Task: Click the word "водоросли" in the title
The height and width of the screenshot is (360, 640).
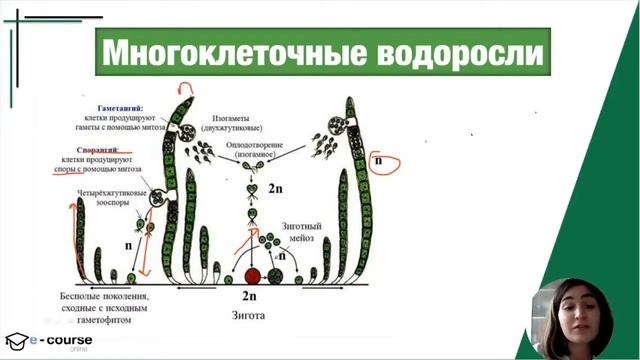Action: pyautogui.click(x=461, y=52)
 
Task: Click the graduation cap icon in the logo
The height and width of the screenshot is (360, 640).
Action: pyautogui.click(x=16, y=340)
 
